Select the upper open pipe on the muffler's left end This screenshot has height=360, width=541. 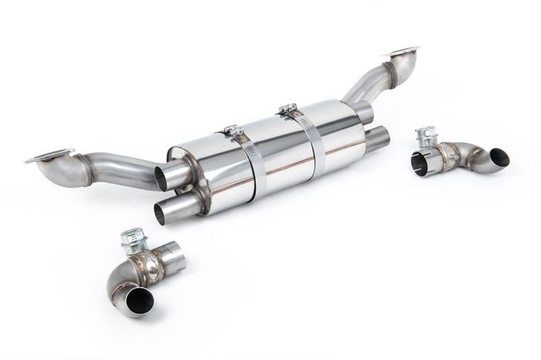click(x=164, y=177)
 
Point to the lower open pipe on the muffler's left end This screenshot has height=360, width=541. click(x=163, y=212)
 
